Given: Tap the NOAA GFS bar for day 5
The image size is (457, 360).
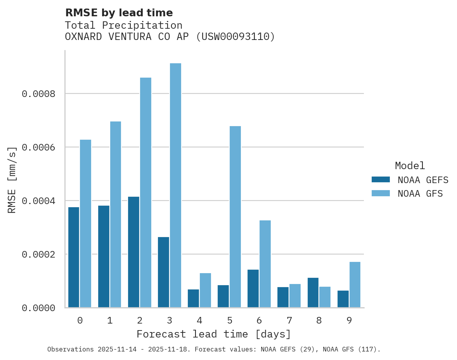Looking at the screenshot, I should coord(235,217).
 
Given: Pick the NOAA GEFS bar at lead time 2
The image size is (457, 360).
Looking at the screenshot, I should coord(133,252).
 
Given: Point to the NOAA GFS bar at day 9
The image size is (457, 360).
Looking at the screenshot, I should coord(355,285).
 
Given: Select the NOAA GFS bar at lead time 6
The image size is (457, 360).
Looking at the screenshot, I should coord(265,264).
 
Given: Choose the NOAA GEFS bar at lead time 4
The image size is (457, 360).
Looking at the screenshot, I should coord(193,298).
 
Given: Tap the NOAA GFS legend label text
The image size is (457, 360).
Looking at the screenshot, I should coord(420,194).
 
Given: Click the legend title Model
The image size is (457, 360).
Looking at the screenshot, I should coord(410,166).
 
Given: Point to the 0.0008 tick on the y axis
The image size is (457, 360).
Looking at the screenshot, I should coord(38,94).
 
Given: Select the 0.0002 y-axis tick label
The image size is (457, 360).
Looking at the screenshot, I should coord(38,254).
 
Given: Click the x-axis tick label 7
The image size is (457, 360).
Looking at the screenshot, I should coord(289,321).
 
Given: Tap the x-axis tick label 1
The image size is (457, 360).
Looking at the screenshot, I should coord(110,321).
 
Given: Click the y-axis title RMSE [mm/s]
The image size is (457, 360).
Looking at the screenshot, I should coord(12,180).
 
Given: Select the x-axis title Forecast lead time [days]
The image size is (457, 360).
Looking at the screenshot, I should coord(214,334).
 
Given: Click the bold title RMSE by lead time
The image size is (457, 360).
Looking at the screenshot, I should coord(119,13).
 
